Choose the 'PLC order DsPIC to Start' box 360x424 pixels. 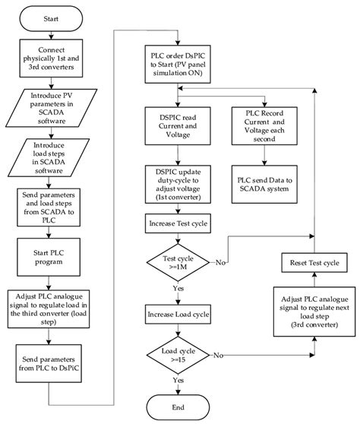179,65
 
